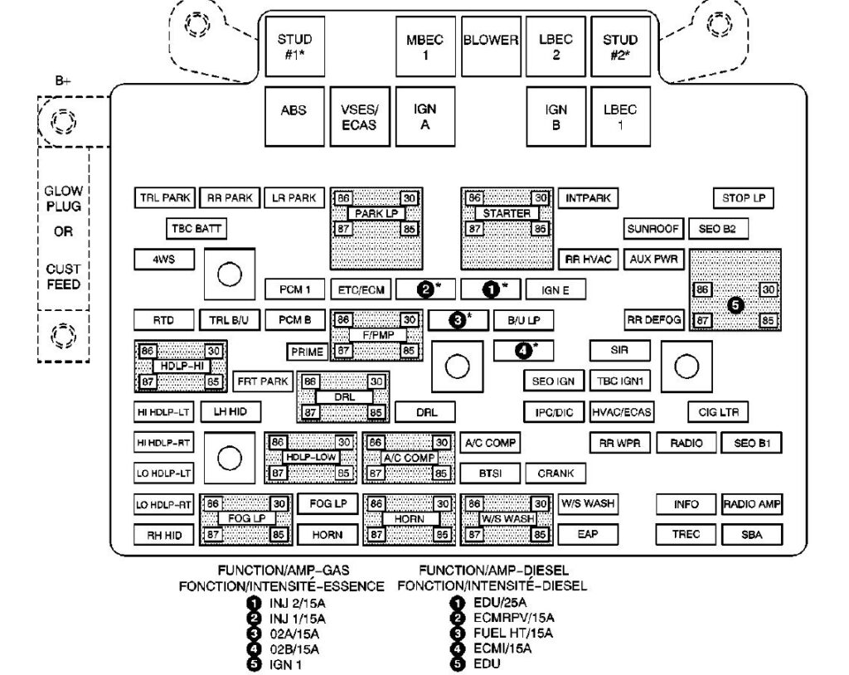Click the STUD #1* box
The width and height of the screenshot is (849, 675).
(294, 46)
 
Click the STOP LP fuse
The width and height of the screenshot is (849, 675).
(743, 198)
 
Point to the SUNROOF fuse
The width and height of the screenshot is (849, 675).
(653, 228)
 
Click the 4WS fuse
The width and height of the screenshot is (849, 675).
(163, 259)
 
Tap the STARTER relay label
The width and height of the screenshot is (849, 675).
(507, 213)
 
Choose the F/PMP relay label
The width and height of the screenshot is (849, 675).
(376, 334)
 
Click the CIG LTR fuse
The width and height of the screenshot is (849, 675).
(719, 411)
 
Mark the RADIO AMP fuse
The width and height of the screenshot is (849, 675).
(752, 504)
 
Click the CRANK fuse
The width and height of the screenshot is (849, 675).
(555, 473)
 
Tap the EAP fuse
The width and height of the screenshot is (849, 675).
(587, 535)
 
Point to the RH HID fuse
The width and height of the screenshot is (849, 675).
(163, 535)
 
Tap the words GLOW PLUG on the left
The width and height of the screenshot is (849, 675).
(63, 199)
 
